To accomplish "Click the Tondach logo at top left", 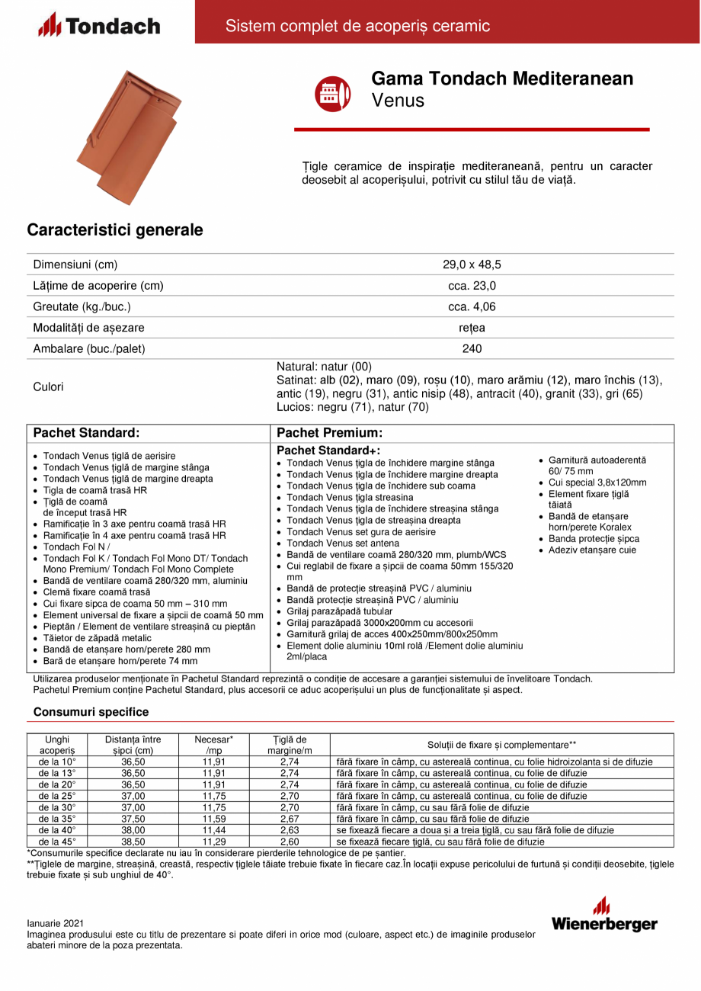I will tap(99, 26).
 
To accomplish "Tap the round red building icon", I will tap(333, 94).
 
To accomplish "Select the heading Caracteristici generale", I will tap(115, 229).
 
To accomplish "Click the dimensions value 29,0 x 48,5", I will tap(472, 265).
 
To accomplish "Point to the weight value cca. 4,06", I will tap(472, 306).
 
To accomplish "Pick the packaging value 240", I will tap(472, 348).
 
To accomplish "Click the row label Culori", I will tap(49, 386).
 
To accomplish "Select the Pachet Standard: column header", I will tap(86, 432).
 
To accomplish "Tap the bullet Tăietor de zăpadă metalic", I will tap(97, 638).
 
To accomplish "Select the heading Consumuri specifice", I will tap(91, 712).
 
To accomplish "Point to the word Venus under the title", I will tap(398, 100).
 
